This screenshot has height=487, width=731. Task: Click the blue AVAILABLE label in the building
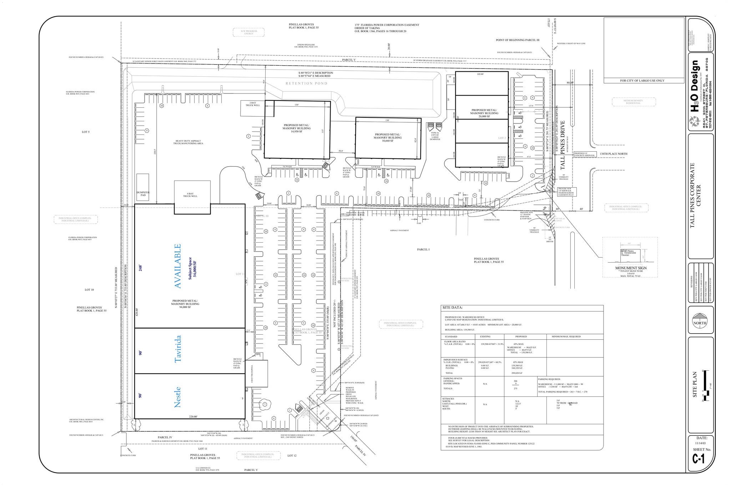coord(177,266)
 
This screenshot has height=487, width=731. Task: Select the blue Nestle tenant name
coord(177,397)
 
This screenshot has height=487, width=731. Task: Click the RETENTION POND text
coord(306,83)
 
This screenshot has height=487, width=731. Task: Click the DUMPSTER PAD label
coord(143,194)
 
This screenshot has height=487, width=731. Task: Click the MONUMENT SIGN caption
coord(631,268)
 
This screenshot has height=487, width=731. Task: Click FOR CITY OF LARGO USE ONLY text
coord(642,81)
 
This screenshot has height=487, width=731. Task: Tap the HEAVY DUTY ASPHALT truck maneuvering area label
coord(189,142)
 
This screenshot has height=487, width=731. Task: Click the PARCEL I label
coord(423,249)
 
